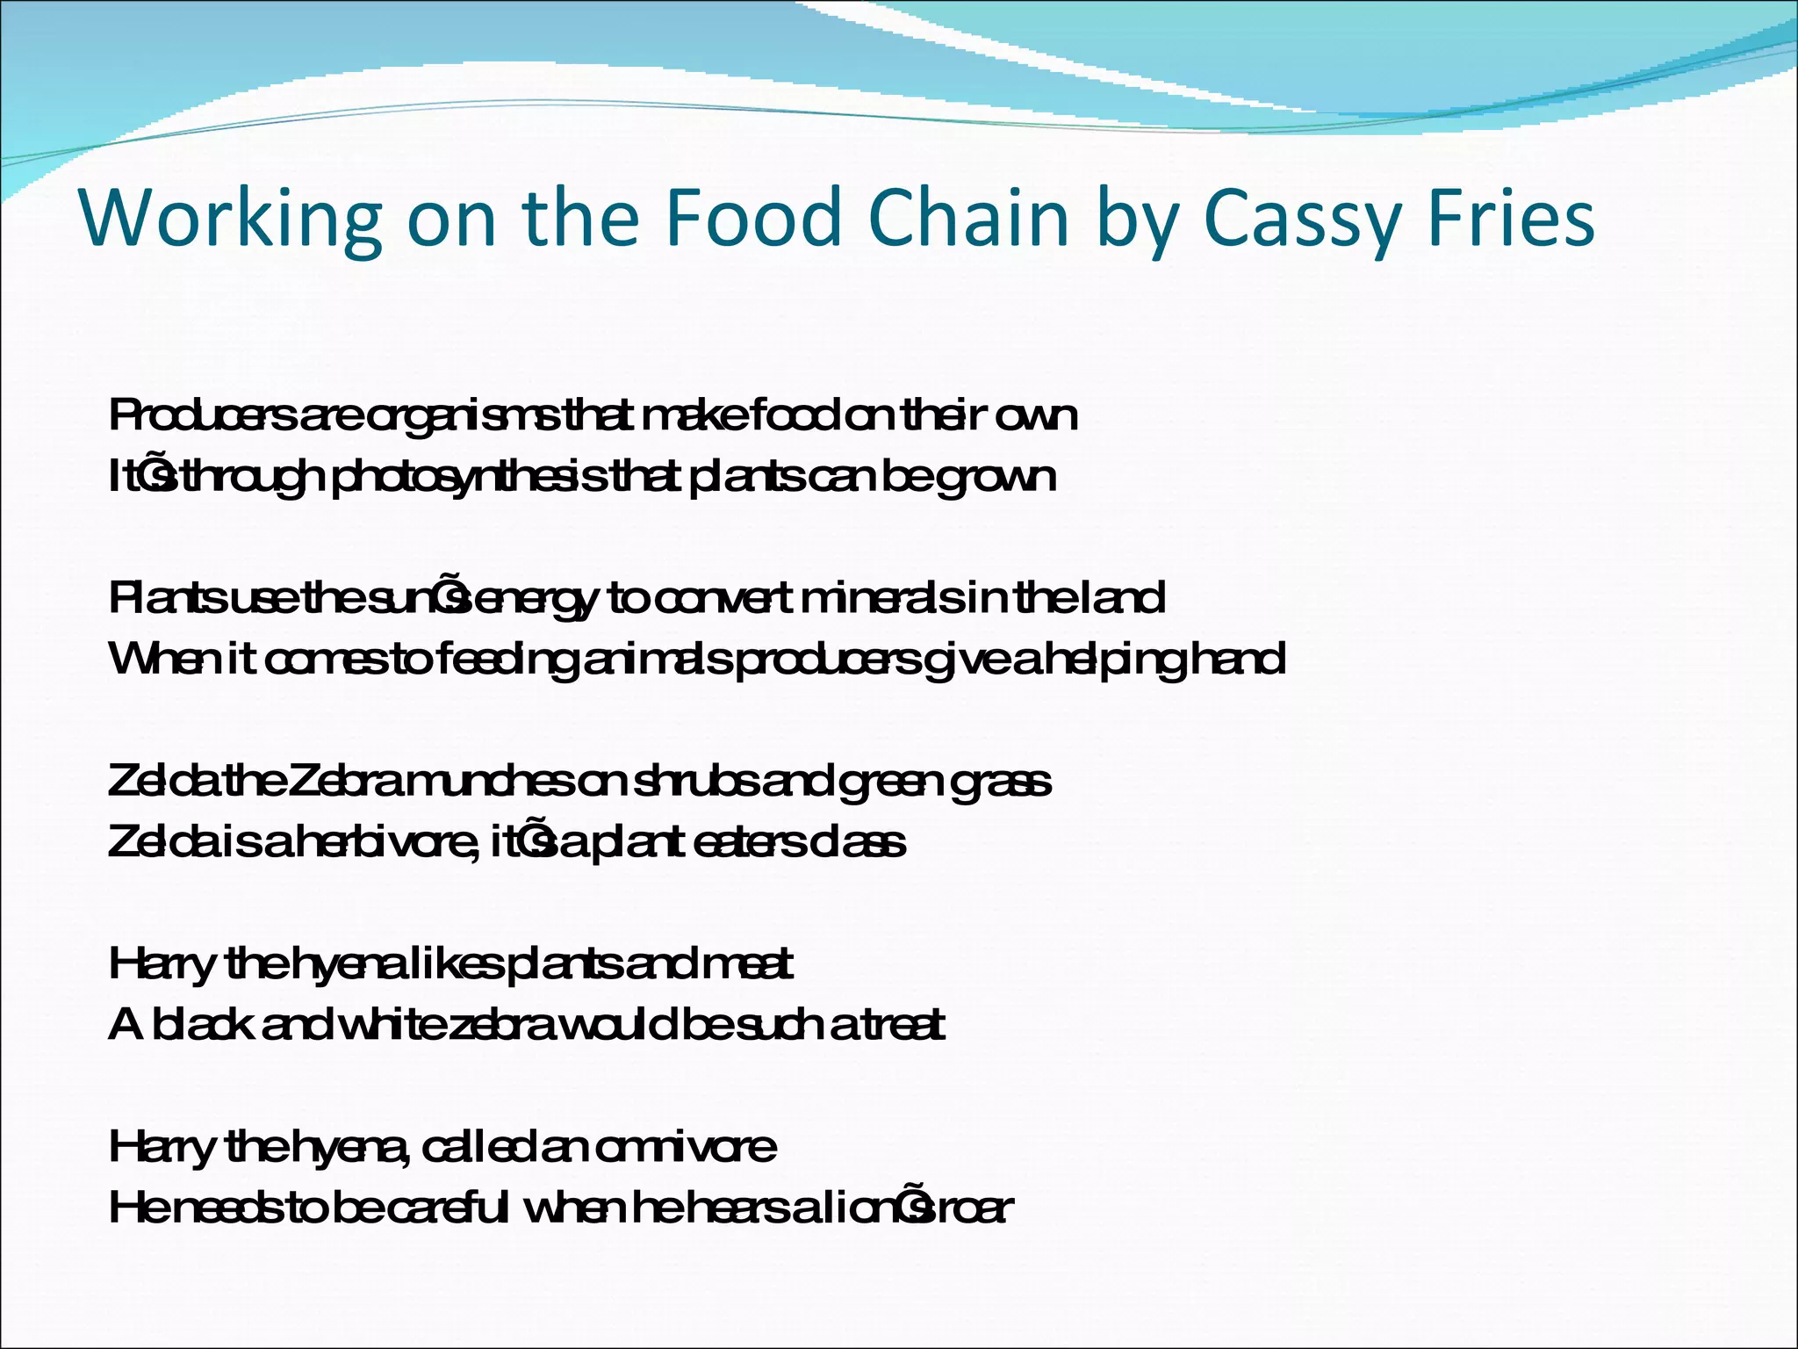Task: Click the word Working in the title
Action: (x=231, y=218)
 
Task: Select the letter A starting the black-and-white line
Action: (x=125, y=1024)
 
